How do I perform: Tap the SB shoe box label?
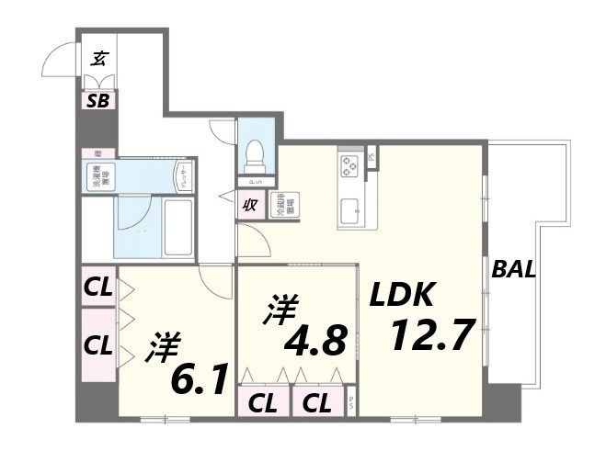point(98,100)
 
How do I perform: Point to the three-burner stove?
point(350,165)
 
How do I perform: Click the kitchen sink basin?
point(350,212)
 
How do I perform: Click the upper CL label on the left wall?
point(98,287)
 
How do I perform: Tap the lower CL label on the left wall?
point(98,345)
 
